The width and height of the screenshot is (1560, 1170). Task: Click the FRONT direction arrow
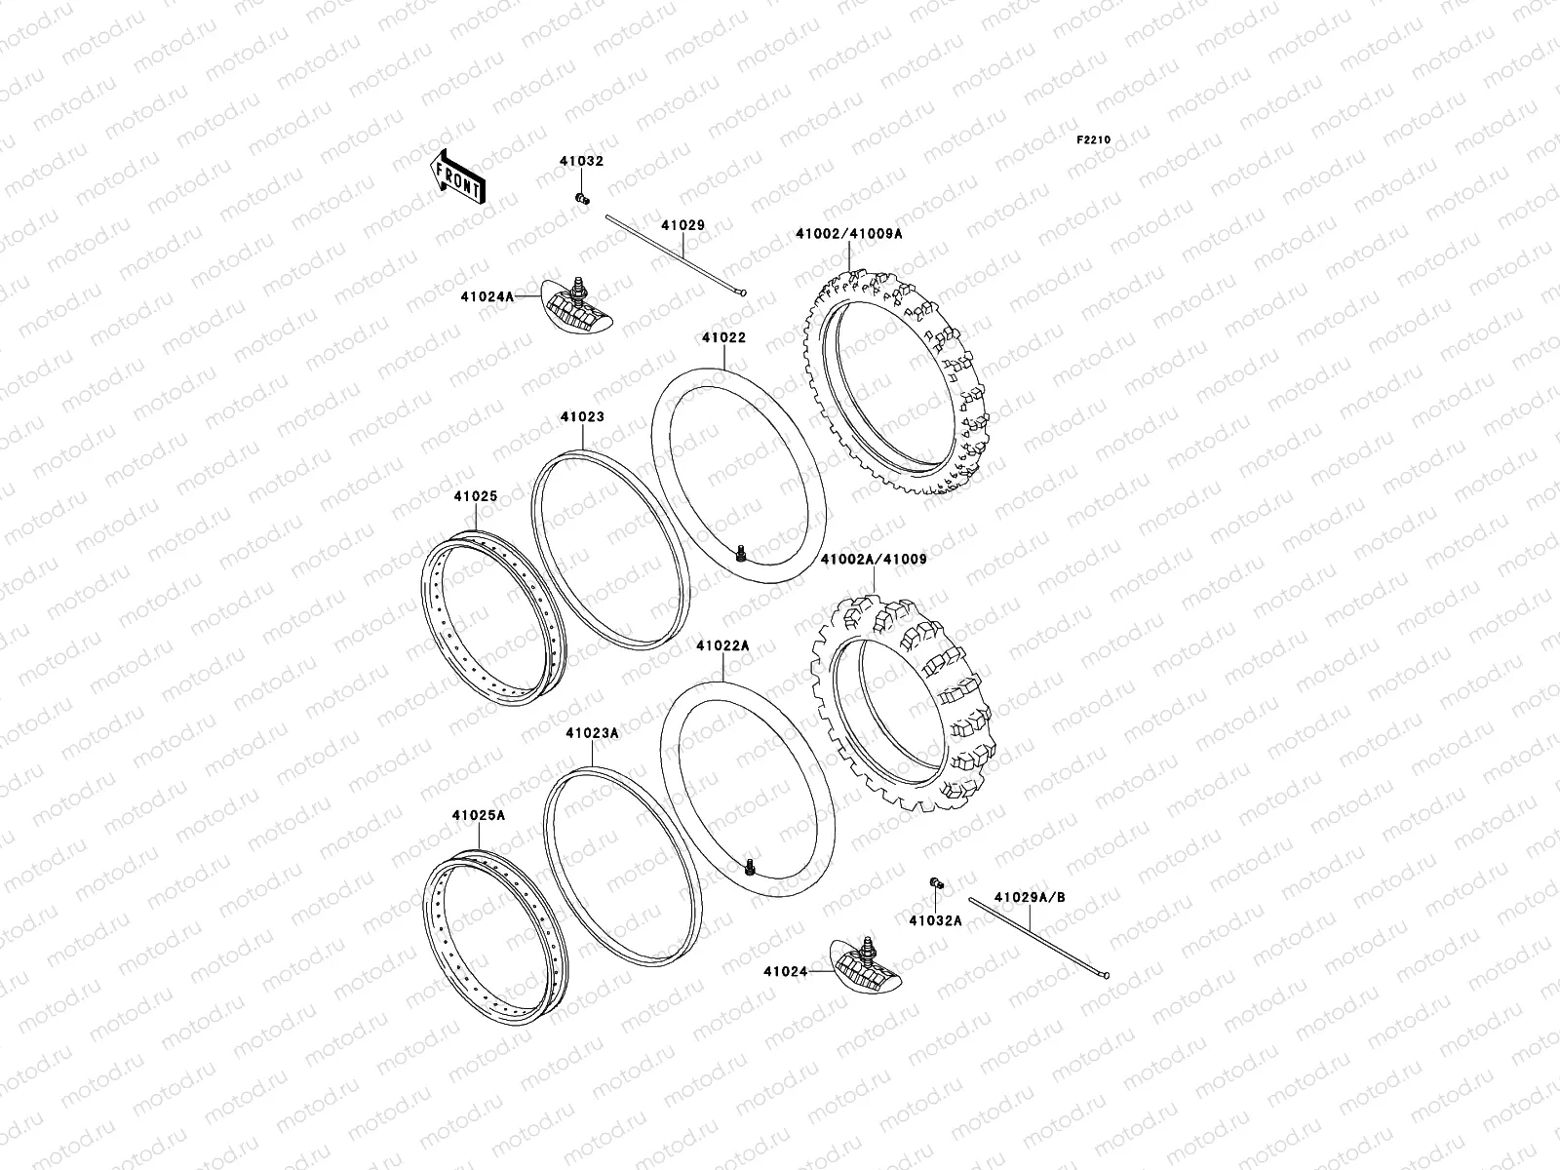(x=458, y=176)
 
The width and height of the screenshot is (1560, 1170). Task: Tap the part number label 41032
(x=581, y=162)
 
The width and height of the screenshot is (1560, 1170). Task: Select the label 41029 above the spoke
(x=682, y=225)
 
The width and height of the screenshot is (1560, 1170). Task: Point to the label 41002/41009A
(x=848, y=234)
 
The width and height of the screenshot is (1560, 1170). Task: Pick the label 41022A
(x=722, y=645)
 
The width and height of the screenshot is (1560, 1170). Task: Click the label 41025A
(x=478, y=815)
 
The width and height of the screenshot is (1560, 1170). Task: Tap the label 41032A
(x=935, y=919)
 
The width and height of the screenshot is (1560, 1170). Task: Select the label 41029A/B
(x=1030, y=896)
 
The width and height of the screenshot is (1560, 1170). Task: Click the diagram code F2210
(x=1093, y=140)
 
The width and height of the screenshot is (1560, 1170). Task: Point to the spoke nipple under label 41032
(x=583, y=200)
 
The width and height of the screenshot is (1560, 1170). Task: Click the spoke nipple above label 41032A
(x=936, y=883)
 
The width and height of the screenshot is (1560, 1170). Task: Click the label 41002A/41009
(x=874, y=561)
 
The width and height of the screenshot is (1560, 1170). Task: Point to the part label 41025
(x=475, y=496)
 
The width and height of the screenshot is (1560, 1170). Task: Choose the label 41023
(x=582, y=417)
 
